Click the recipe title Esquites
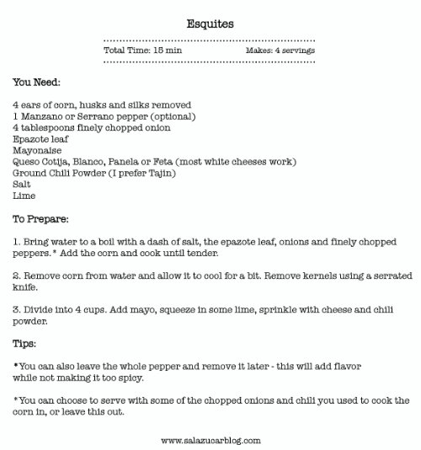point(210,24)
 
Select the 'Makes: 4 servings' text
point(280,51)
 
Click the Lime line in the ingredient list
point(24,196)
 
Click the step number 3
point(16,310)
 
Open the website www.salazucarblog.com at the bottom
point(210,440)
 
